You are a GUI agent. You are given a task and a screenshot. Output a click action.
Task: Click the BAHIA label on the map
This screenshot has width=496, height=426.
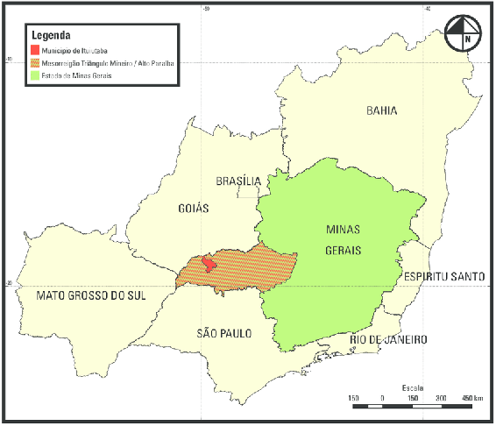[381, 110]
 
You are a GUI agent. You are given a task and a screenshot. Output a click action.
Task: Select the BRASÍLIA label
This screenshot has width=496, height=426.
[238, 181]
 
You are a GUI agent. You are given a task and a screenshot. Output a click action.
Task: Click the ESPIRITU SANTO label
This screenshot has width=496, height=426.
[444, 276]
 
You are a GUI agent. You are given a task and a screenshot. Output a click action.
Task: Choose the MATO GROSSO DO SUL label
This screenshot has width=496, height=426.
[90, 295]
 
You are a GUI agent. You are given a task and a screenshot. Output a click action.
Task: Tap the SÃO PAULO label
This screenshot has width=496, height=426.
[223, 333]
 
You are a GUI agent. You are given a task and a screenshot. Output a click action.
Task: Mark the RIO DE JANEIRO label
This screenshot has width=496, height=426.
[387, 339]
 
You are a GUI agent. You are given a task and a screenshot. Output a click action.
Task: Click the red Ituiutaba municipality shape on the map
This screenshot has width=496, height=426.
[208, 263]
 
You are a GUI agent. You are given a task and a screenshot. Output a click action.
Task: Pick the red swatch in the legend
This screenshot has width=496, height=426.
[34, 50]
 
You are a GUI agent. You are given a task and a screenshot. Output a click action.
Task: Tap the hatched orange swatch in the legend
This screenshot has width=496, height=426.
[34, 62]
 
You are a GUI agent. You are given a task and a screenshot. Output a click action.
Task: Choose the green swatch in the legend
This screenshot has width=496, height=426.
[34, 75]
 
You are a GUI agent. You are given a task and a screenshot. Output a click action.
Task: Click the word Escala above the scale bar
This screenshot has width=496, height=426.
[413, 387]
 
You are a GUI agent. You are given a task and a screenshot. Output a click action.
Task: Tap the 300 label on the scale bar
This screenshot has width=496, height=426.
[441, 398]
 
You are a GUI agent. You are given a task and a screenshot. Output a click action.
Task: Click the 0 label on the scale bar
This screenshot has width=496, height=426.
[383, 398]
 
